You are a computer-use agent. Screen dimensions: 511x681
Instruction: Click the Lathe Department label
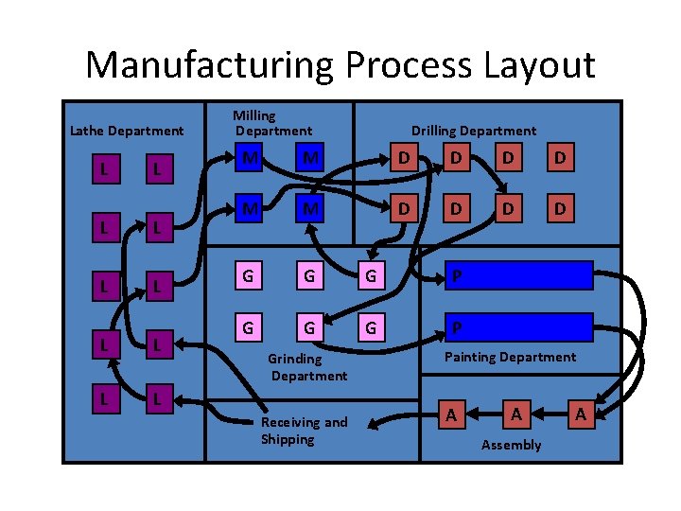(x=127, y=131)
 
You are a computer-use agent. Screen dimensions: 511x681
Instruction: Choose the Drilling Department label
(x=473, y=131)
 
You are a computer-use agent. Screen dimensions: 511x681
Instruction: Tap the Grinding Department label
(x=307, y=367)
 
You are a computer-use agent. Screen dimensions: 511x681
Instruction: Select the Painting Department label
(x=510, y=357)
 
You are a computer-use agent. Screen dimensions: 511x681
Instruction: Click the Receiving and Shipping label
(x=304, y=431)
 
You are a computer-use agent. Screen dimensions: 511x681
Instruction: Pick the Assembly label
(x=511, y=445)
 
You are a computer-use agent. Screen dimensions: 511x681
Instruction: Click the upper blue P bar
(x=520, y=275)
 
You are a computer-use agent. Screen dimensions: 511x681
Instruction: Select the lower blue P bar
(x=520, y=326)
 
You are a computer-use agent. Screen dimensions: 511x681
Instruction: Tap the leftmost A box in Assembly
(x=451, y=414)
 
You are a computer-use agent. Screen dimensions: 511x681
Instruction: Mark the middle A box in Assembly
(x=515, y=414)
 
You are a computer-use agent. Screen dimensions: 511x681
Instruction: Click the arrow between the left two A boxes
(x=483, y=414)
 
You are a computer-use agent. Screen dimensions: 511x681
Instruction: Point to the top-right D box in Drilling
(x=561, y=157)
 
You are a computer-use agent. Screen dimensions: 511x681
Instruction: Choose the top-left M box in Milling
(x=248, y=157)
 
